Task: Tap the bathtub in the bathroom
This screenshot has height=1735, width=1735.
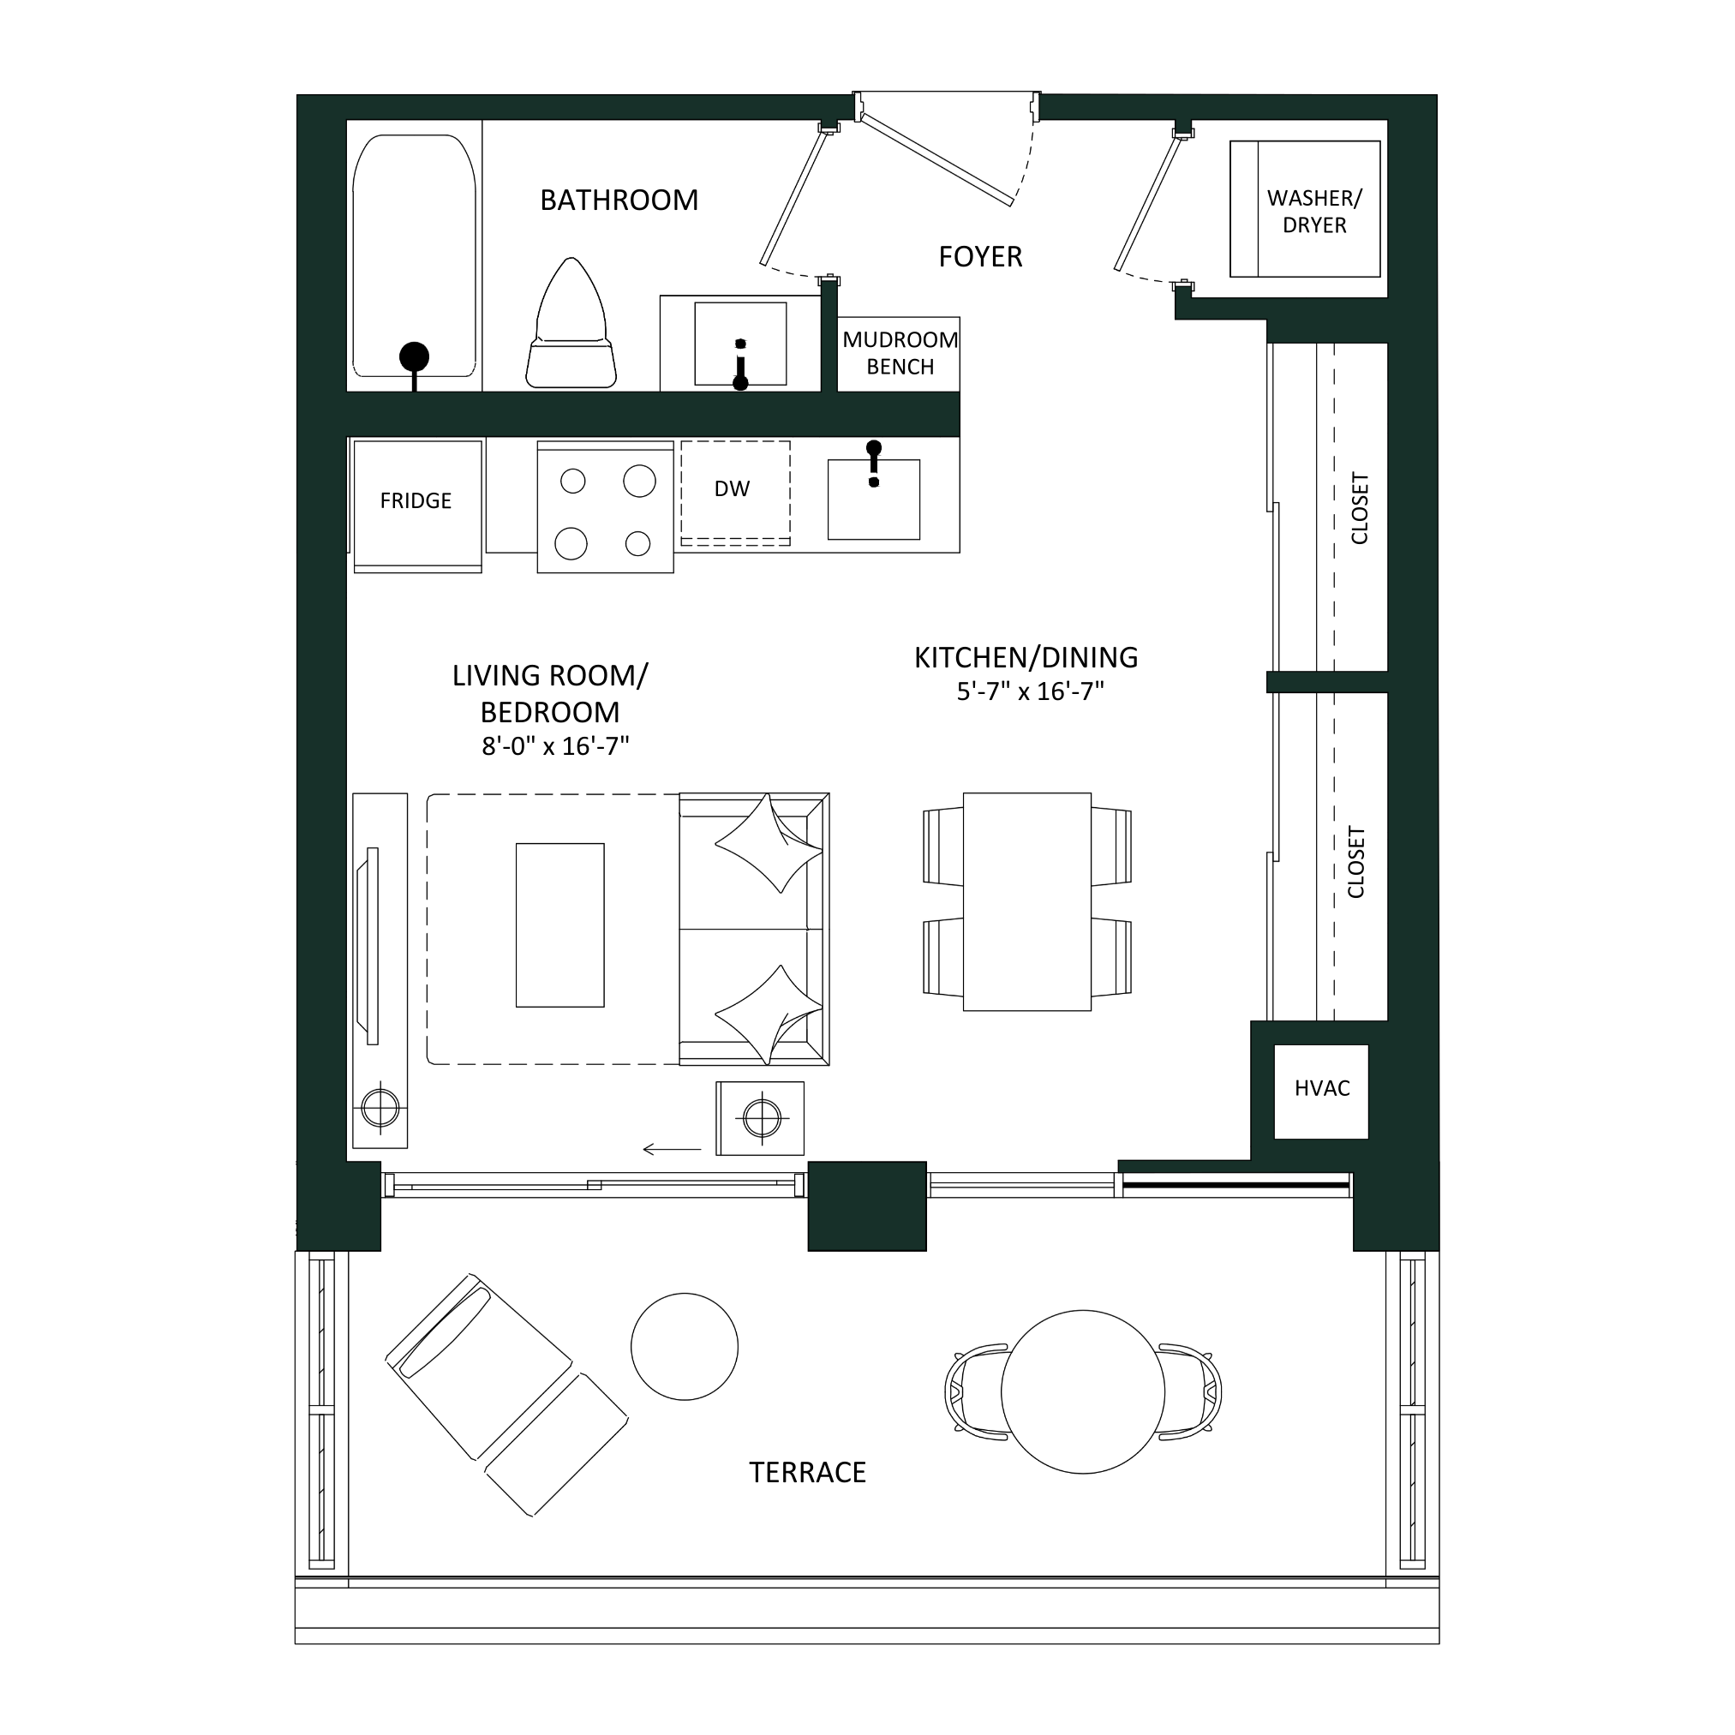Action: [x=414, y=256]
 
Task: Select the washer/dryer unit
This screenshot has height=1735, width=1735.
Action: [x=1305, y=208]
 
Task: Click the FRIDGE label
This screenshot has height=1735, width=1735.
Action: [x=416, y=500]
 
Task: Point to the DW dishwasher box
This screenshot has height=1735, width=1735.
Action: [x=735, y=493]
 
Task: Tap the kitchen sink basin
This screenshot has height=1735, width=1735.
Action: [x=874, y=500]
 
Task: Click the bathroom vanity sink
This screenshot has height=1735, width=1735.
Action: [x=741, y=343]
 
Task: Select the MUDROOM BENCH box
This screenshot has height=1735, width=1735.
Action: [x=899, y=354]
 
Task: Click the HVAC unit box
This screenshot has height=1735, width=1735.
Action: [x=1321, y=1091]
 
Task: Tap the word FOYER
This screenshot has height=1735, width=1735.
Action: [x=980, y=257]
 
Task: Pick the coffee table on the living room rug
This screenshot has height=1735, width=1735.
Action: [x=560, y=925]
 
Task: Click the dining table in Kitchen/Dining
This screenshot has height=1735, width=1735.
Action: [x=1027, y=901]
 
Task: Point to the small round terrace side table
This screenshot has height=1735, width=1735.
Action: [x=685, y=1346]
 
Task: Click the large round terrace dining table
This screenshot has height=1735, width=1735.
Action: [x=1083, y=1392]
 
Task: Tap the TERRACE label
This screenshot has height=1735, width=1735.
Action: [x=807, y=1473]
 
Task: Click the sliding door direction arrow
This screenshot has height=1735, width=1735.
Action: [x=672, y=1149]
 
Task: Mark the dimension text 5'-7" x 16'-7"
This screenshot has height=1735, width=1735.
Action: [x=1029, y=691]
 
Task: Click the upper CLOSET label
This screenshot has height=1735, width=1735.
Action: [x=1360, y=508]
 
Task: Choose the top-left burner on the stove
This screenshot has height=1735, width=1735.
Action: [x=573, y=482]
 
